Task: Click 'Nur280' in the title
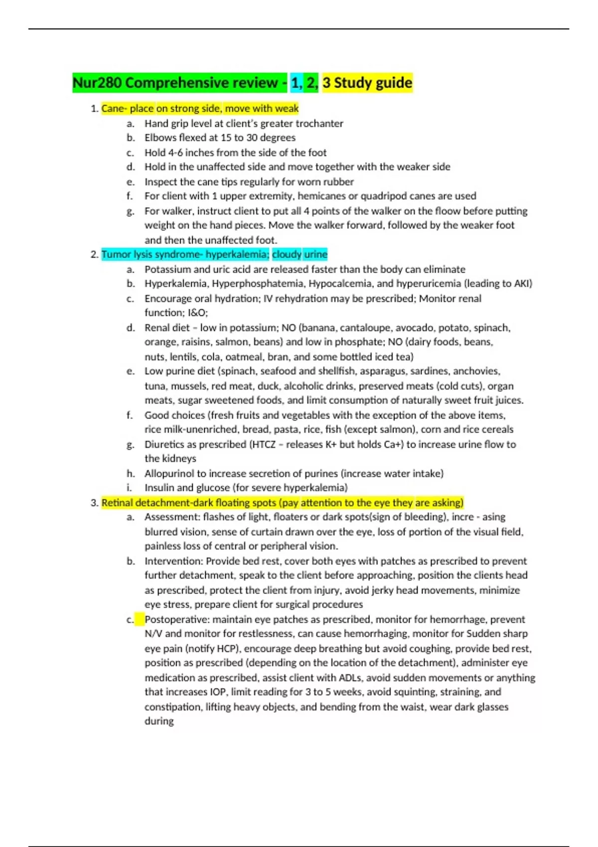97,83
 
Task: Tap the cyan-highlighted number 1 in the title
296,83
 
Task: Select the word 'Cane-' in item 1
114,109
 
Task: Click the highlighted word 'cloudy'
287,255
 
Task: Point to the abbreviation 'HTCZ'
264,444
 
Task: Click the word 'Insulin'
159,488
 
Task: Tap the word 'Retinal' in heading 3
117,503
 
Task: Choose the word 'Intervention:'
173,561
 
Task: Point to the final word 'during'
159,721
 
